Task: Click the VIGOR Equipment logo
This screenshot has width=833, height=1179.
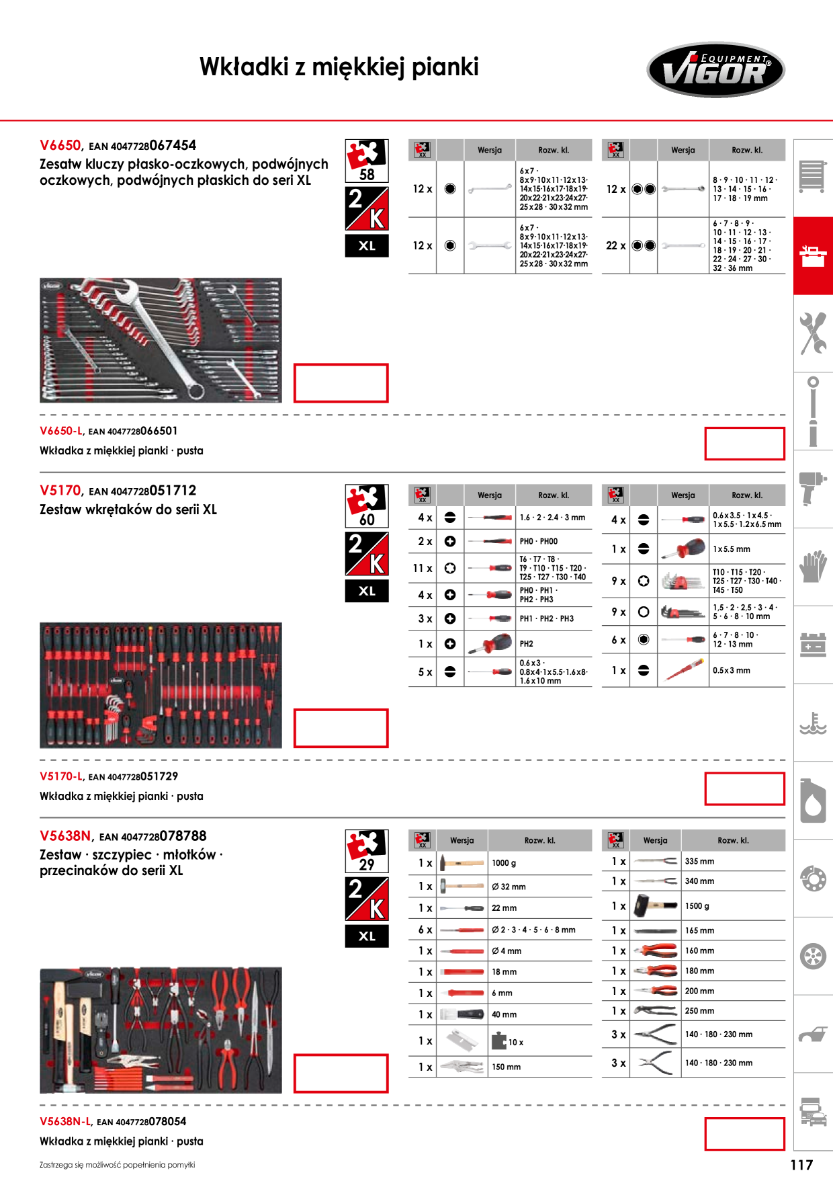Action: click(715, 70)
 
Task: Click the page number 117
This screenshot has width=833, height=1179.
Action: click(801, 1165)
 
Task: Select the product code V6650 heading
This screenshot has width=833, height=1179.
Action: click(60, 145)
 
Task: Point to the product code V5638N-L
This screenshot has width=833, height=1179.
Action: click(65, 1121)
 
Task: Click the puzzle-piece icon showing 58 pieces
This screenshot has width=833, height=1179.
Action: click(367, 161)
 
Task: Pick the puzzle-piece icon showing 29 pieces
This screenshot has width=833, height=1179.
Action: click(367, 851)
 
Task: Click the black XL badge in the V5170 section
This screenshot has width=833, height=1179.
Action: click(367, 591)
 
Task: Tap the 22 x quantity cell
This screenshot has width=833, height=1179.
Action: click(615, 245)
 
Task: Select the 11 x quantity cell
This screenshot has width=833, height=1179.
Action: click(423, 568)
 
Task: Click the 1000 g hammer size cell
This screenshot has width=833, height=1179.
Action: click(540, 863)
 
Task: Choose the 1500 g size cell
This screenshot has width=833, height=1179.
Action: click(734, 906)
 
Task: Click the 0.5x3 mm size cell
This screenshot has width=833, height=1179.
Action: click(747, 670)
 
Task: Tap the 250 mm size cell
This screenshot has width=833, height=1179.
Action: click(734, 1011)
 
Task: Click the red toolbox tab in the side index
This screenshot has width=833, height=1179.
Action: click(813, 256)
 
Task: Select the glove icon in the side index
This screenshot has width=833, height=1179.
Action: click(813, 566)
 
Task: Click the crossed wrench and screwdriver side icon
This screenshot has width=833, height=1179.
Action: click(813, 333)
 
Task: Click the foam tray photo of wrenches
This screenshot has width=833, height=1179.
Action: click(161, 340)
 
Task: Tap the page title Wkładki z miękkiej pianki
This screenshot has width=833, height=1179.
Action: click(339, 67)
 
